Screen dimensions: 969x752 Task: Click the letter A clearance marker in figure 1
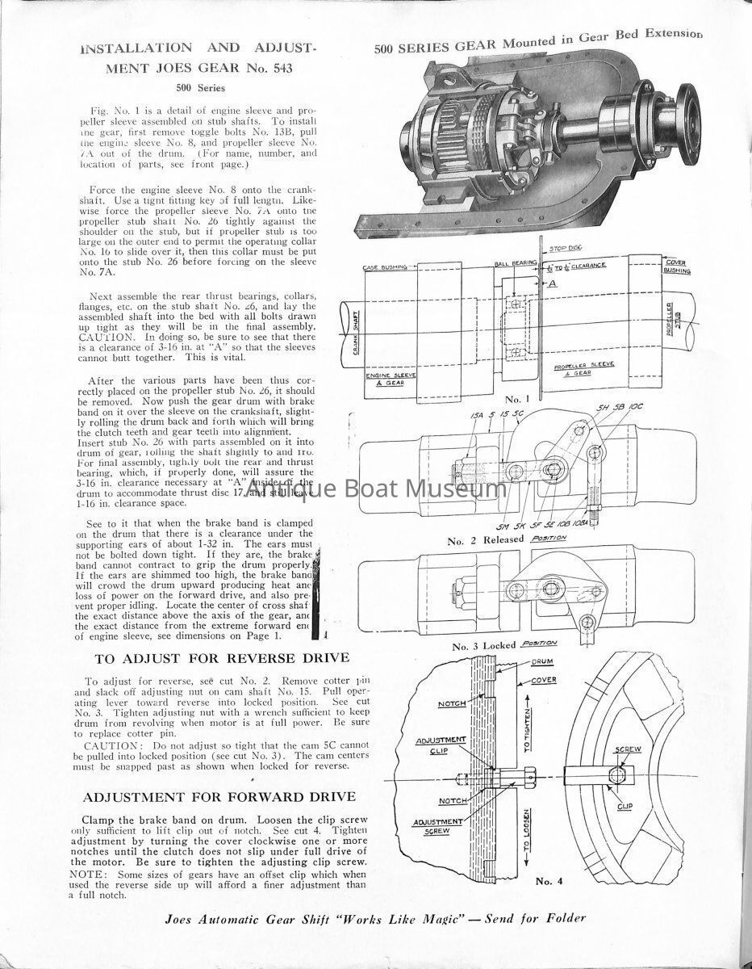(553, 284)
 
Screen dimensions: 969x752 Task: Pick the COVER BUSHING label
(675, 266)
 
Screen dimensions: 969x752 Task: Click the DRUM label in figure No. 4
(542, 661)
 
